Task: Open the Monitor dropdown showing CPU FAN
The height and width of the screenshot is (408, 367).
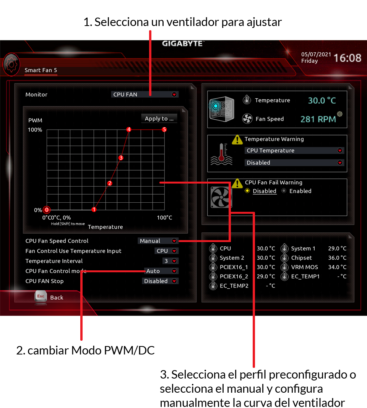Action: tap(145, 94)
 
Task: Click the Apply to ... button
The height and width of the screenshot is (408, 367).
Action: tap(159, 119)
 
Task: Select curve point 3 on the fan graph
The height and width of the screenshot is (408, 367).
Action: tap(121, 158)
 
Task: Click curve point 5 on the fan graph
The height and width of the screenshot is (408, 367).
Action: tap(164, 130)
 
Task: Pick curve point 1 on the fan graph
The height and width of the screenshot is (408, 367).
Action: tap(94, 210)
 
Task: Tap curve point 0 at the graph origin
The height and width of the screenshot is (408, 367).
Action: tap(47, 210)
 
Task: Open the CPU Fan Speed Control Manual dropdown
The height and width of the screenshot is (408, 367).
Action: tap(158, 241)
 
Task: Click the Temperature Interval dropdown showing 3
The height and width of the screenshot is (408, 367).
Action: tap(170, 261)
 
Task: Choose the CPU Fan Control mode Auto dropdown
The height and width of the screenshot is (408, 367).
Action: tap(161, 271)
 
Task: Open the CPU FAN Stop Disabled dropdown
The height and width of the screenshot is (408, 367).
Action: tap(160, 281)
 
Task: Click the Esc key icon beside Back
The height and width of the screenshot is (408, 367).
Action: tap(41, 296)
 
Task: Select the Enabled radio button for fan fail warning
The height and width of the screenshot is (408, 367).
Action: tap(284, 191)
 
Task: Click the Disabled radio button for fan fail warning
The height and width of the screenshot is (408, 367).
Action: tap(247, 191)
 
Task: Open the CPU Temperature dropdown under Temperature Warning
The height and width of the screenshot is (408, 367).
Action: tap(294, 150)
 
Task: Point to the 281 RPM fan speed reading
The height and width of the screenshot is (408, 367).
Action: tap(318, 119)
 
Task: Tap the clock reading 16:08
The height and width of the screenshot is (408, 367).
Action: tap(348, 58)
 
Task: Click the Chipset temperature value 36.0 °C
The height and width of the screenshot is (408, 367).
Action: tap(337, 258)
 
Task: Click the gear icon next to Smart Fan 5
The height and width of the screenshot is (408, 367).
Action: tap(11, 64)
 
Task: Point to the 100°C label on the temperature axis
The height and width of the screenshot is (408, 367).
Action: tap(164, 218)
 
